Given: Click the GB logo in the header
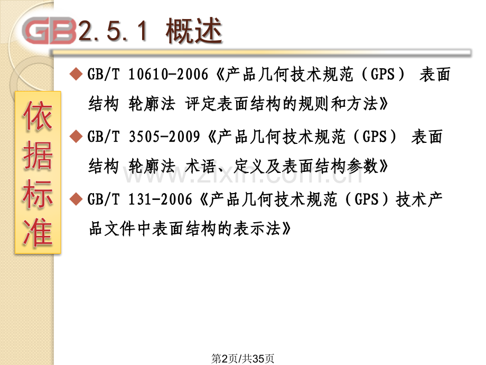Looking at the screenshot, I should pos(51,32).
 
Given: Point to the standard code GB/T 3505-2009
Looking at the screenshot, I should pos(146,137).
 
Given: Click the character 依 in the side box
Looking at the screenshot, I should pos(38,118).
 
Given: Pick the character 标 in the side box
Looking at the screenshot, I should pos(38,194).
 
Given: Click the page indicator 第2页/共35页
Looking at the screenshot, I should pos(243,358).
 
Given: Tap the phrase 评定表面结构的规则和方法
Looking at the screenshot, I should pos(287,105).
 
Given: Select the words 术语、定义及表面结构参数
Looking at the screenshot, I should pos(287,167).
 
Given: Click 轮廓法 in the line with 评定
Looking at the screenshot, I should pos(152,105).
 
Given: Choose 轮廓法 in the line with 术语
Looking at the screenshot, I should pos(152,167).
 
